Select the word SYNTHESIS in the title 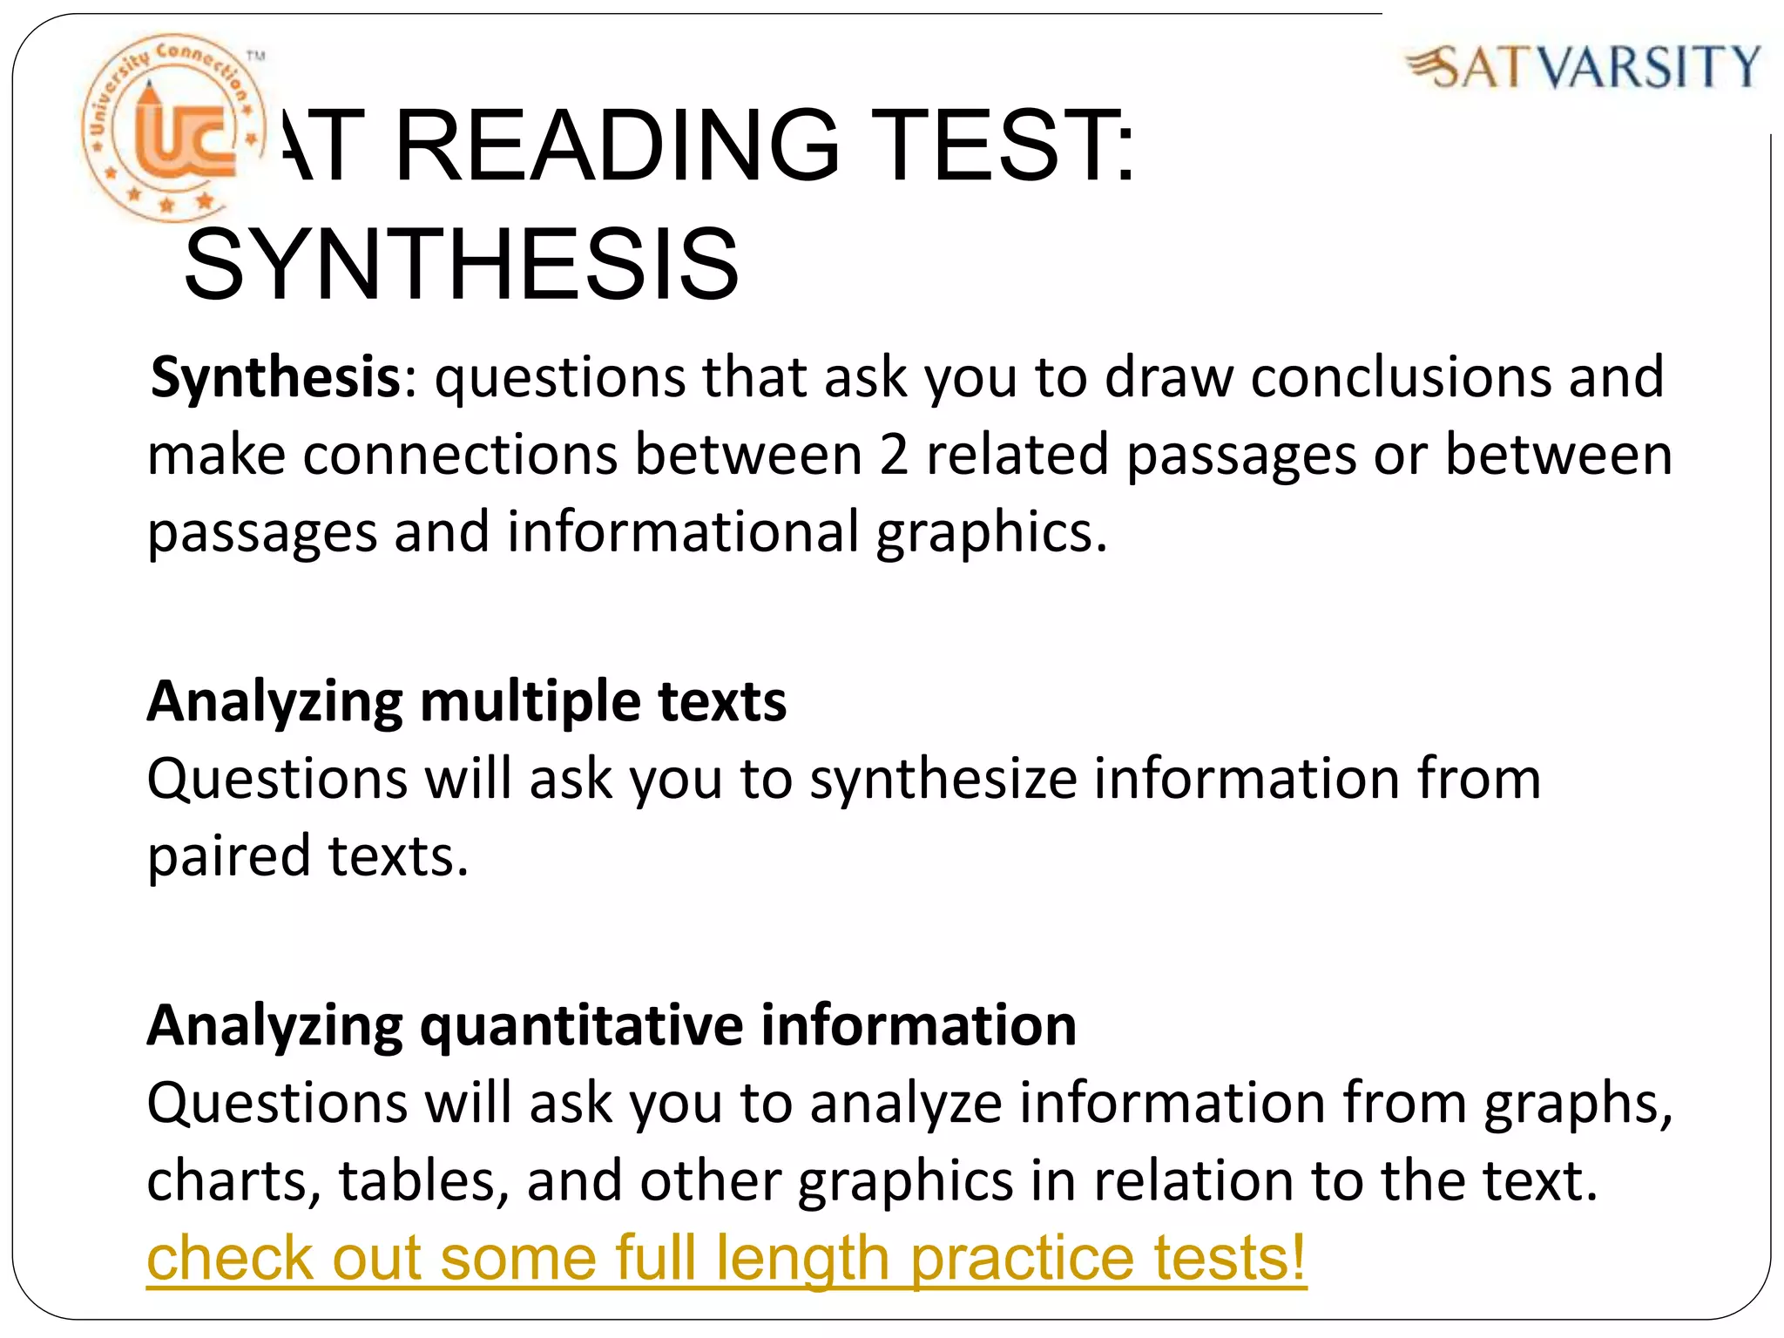tap(462, 264)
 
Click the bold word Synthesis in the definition tap(274, 378)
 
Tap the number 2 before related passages tap(894, 456)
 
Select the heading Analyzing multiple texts tap(467, 701)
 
